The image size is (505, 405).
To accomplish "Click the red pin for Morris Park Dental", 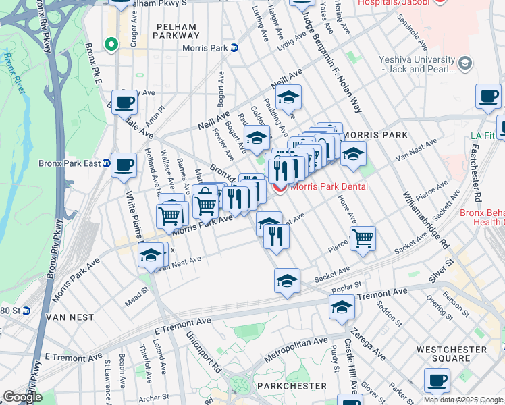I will [280, 187].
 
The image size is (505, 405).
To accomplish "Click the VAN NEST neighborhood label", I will [65, 316].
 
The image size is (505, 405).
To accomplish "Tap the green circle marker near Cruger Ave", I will [111, 45].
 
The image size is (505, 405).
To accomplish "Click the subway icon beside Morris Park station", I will [234, 48].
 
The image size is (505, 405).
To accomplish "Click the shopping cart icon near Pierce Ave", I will [363, 238].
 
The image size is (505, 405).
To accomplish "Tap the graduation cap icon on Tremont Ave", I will [342, 307].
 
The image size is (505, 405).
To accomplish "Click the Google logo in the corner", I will [22, 397].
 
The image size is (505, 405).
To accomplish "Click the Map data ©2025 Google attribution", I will [462, 400].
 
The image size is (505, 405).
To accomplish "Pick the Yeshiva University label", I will [419, 63].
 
